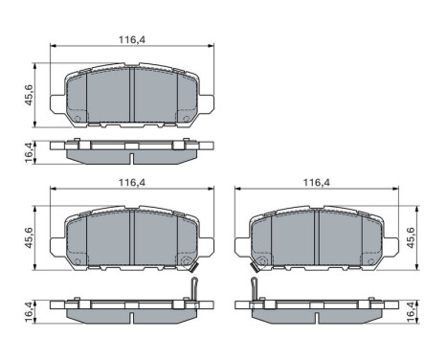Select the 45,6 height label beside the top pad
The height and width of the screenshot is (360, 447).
(30, 96)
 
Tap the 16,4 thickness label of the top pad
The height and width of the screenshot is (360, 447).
(30, 151)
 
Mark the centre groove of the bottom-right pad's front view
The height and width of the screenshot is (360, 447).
(316, 238)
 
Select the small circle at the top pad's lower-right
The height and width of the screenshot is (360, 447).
(184, 120)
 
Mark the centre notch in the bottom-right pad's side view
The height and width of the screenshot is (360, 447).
(316, 304)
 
